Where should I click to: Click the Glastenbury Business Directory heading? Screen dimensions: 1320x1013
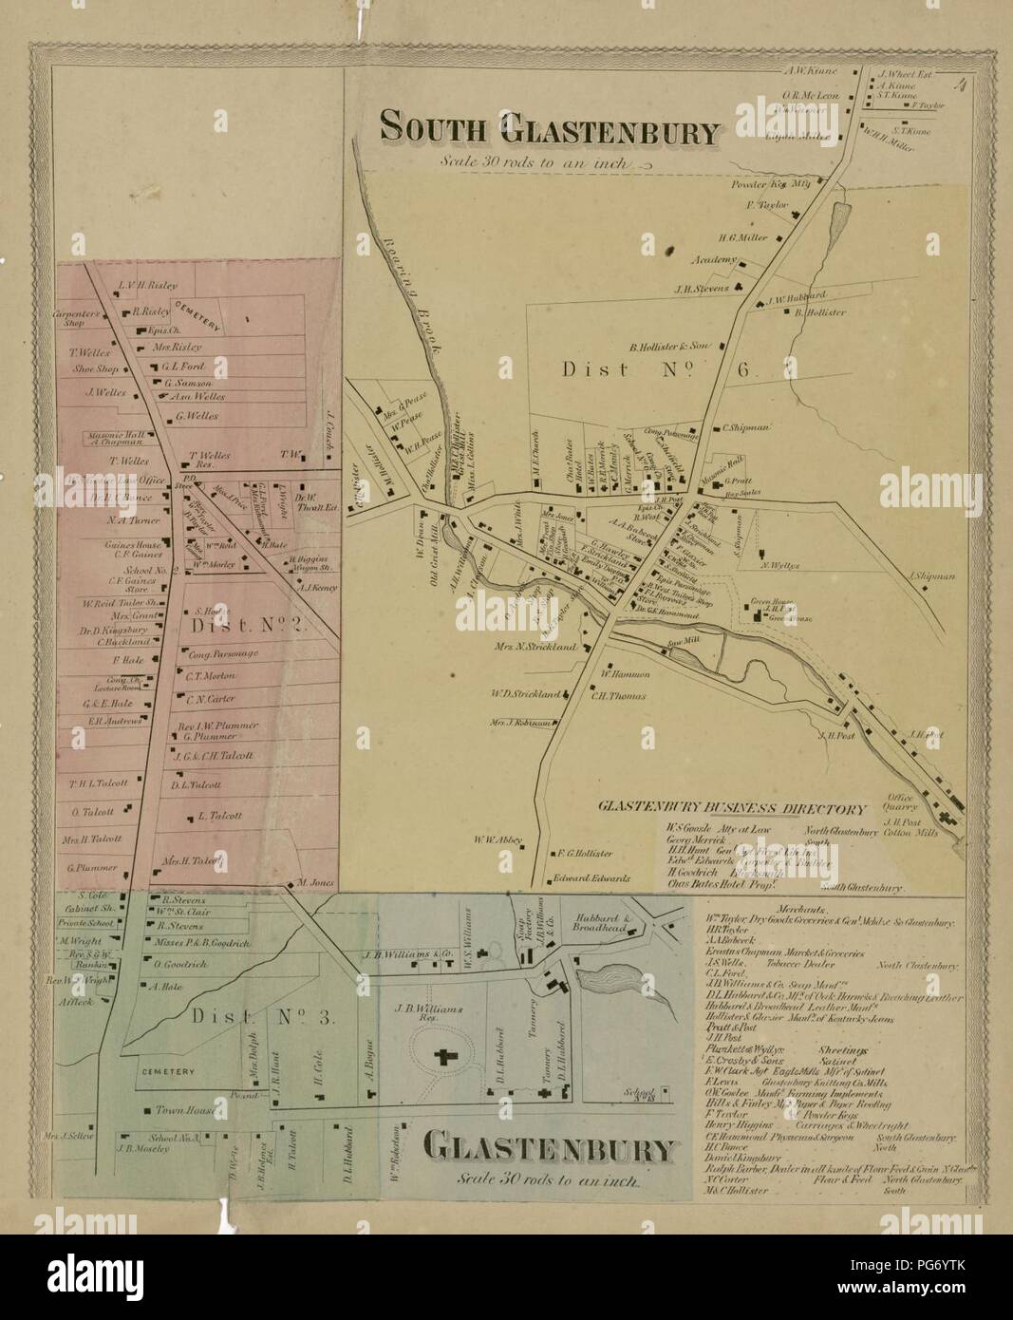(731, 810)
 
